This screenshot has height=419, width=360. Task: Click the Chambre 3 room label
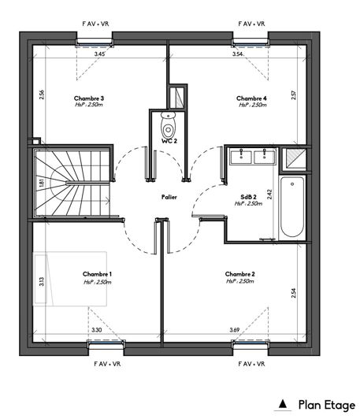coord(90,98)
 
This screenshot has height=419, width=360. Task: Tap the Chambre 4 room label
coord(252,98)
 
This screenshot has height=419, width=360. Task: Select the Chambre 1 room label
coord(97,274)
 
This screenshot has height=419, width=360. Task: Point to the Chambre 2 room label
coord(239,274)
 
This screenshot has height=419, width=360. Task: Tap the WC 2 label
coord(168,140)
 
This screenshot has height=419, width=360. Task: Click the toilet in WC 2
coord(167,126)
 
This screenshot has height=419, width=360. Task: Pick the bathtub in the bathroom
coord(293,209)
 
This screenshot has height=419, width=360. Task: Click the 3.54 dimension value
coord(238,54)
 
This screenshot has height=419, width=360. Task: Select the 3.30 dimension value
coord(97,329)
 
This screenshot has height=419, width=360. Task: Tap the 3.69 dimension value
coord(234,329)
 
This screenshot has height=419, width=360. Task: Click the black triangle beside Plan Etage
coord(284,405)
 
